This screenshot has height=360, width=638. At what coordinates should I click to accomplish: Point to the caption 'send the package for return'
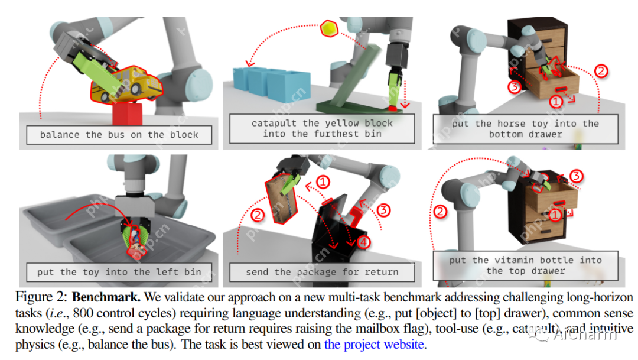[x=322, y=272]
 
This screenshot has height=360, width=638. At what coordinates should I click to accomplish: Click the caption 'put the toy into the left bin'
[x=119, y=272]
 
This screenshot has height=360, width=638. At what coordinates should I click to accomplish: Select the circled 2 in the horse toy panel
[x=600, y=72]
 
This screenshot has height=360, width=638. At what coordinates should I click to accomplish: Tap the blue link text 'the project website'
[x=374, y=344]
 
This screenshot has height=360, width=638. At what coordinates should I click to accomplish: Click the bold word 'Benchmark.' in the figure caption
[x=103, y=298]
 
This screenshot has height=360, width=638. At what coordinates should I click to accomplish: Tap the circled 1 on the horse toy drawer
[x=555, y=102]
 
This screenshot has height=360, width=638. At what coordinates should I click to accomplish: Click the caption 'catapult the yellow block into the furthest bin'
[x=322, y=128]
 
